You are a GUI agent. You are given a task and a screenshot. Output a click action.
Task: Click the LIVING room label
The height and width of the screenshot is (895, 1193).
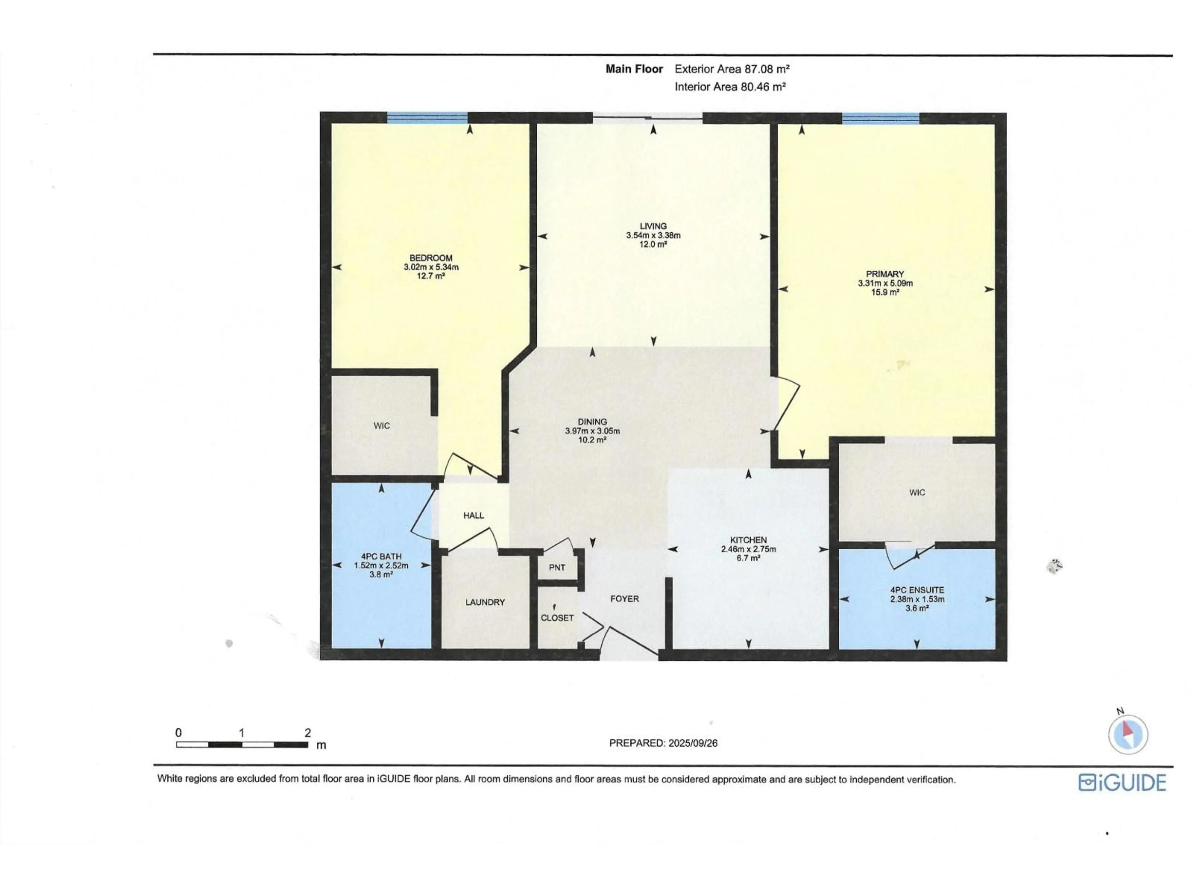(653, 226)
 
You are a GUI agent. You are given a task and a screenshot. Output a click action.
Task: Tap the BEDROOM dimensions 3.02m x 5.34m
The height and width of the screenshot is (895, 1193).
(431, 267)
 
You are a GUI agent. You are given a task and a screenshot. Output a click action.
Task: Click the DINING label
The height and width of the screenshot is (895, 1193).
(592, 422)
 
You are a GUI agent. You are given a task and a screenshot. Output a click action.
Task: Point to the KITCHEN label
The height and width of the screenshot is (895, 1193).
(748, 540)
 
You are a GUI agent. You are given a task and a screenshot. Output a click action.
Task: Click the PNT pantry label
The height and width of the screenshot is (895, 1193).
(557, 567)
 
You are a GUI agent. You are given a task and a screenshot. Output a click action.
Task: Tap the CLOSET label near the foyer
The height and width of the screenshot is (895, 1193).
(557, 618)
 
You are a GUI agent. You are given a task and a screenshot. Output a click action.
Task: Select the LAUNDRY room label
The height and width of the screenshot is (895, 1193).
(485, 602)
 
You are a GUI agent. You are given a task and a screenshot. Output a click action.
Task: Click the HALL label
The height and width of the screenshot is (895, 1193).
(473, 515)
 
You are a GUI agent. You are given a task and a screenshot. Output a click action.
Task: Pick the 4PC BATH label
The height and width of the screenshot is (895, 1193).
(381, 556)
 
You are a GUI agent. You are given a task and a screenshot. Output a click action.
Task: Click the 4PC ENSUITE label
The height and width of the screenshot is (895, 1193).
(917, 590)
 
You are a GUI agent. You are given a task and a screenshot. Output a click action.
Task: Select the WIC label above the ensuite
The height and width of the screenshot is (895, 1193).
(917, 493)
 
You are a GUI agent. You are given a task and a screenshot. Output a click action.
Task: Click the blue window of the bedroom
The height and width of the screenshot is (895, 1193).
(427, 117)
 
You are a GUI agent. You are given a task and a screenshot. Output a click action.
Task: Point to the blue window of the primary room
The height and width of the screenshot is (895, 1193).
(880, 117)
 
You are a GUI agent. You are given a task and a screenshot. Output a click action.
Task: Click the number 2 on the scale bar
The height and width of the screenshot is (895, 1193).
(308, 732)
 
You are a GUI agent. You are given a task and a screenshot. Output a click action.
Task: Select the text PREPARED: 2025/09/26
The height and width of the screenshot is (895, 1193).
(663, 743)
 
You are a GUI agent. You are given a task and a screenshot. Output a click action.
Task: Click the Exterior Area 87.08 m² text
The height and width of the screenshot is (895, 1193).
(732, 69)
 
